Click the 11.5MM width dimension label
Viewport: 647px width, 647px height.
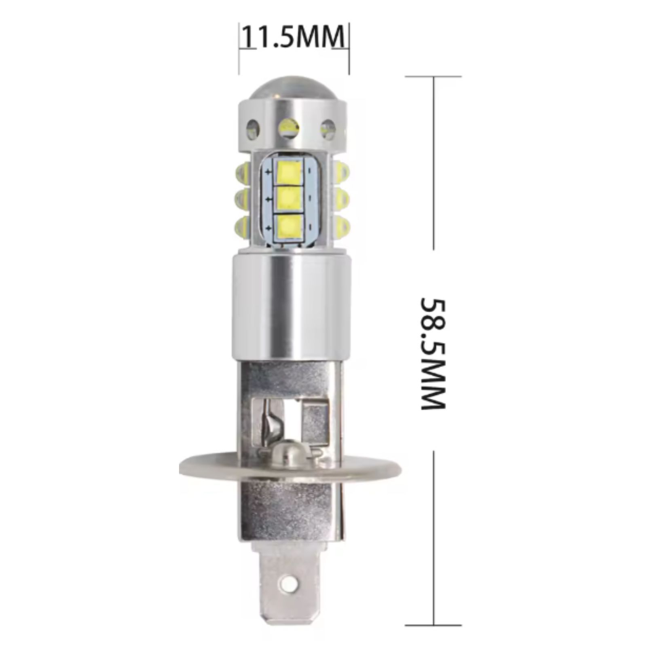pos(294,37)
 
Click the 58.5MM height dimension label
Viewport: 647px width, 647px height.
pos(433,354)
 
